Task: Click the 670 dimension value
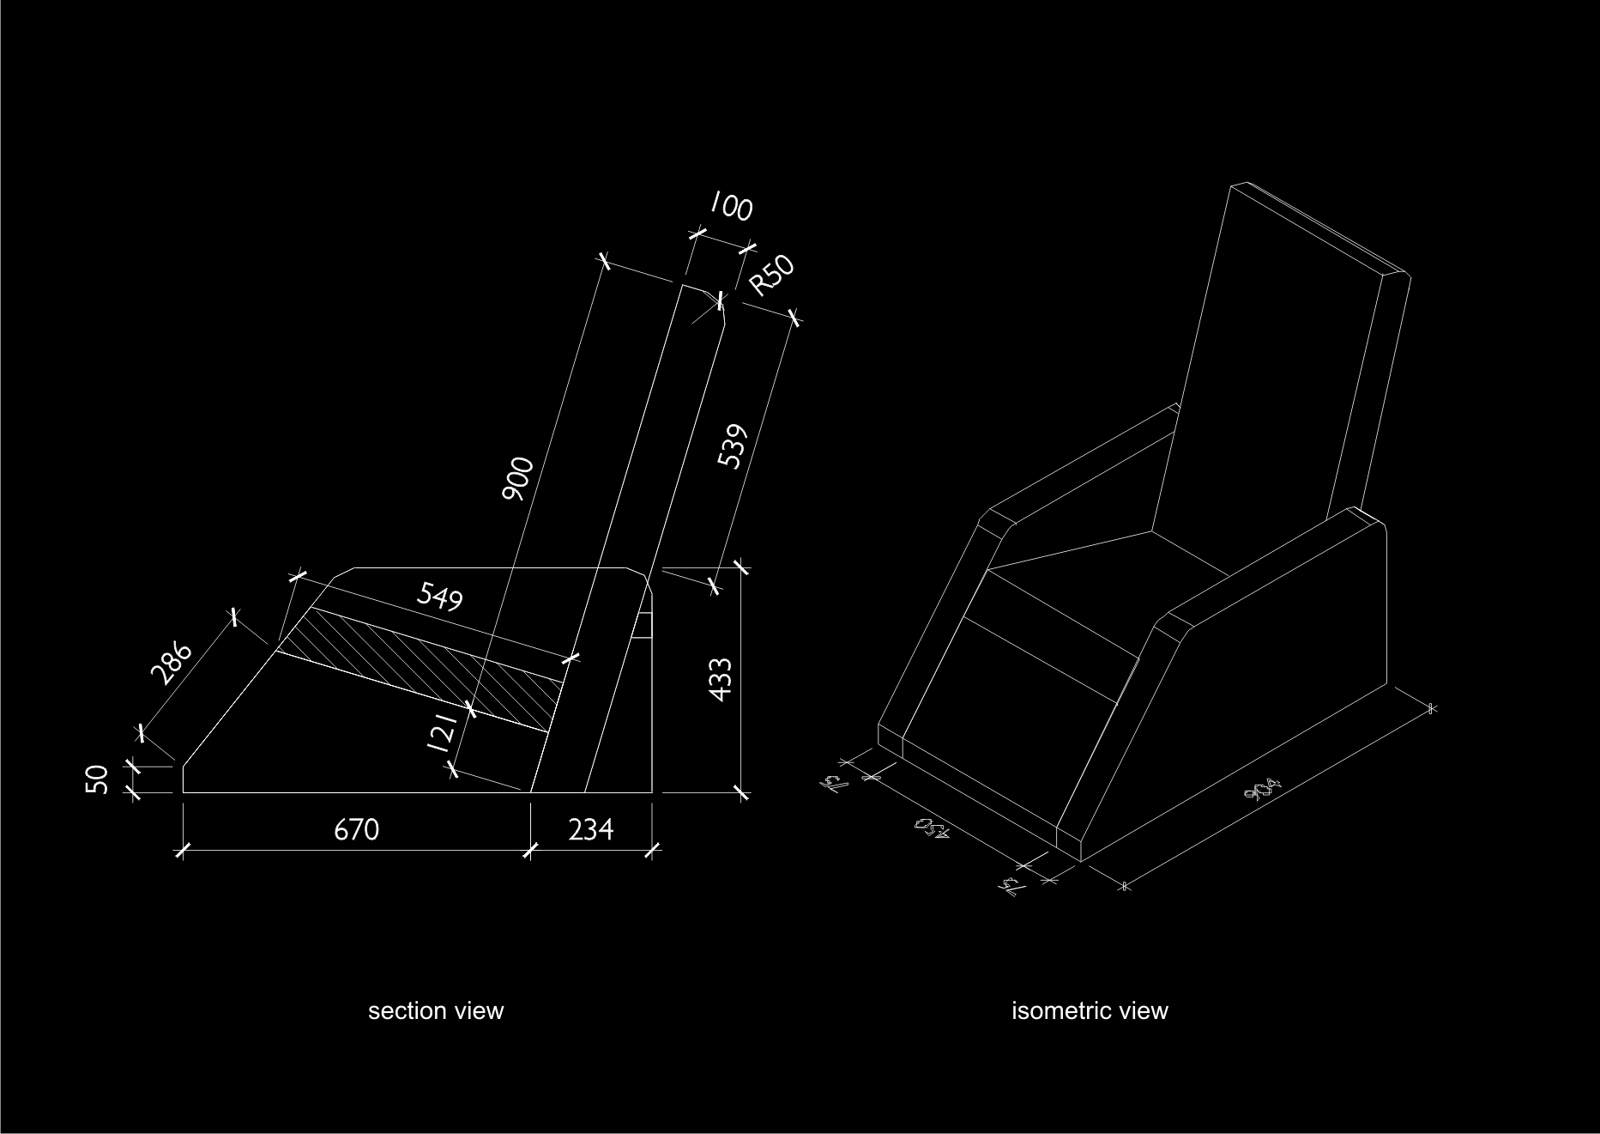pos(356,830)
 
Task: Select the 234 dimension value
pos(591,830)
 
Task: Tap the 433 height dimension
pos(722,679)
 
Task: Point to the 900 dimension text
pos(519,480)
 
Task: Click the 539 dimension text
pos(733,446)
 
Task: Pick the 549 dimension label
pos(439,596)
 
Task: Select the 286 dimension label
pos(172,662)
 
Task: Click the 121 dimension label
pos(441,731)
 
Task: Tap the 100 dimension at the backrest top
pos(730,207)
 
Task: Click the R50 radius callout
pos(771,276)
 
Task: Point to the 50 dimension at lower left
pos(99,779)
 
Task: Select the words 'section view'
pos(436,1011)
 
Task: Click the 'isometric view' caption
pos(1090,1011)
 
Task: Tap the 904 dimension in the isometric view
pos(1266,789)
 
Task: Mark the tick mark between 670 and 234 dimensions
pos(529,851)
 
